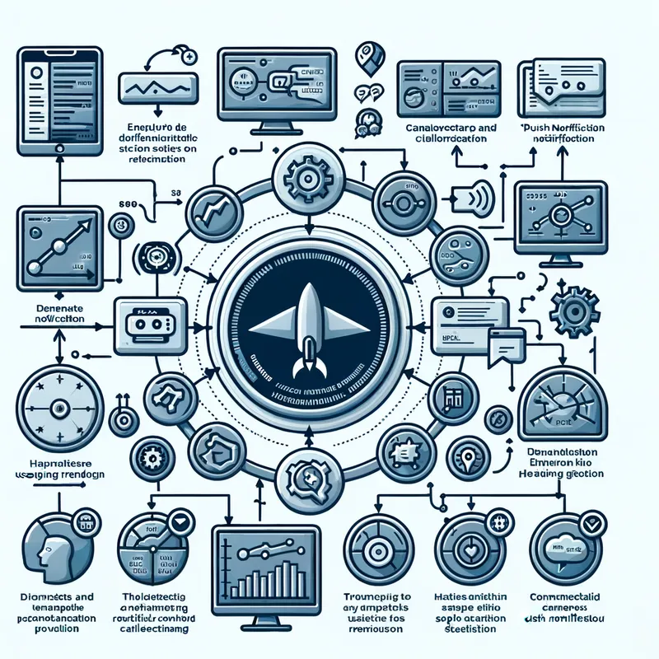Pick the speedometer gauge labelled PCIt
tap(563, 404)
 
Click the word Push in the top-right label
tap(535, 129)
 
